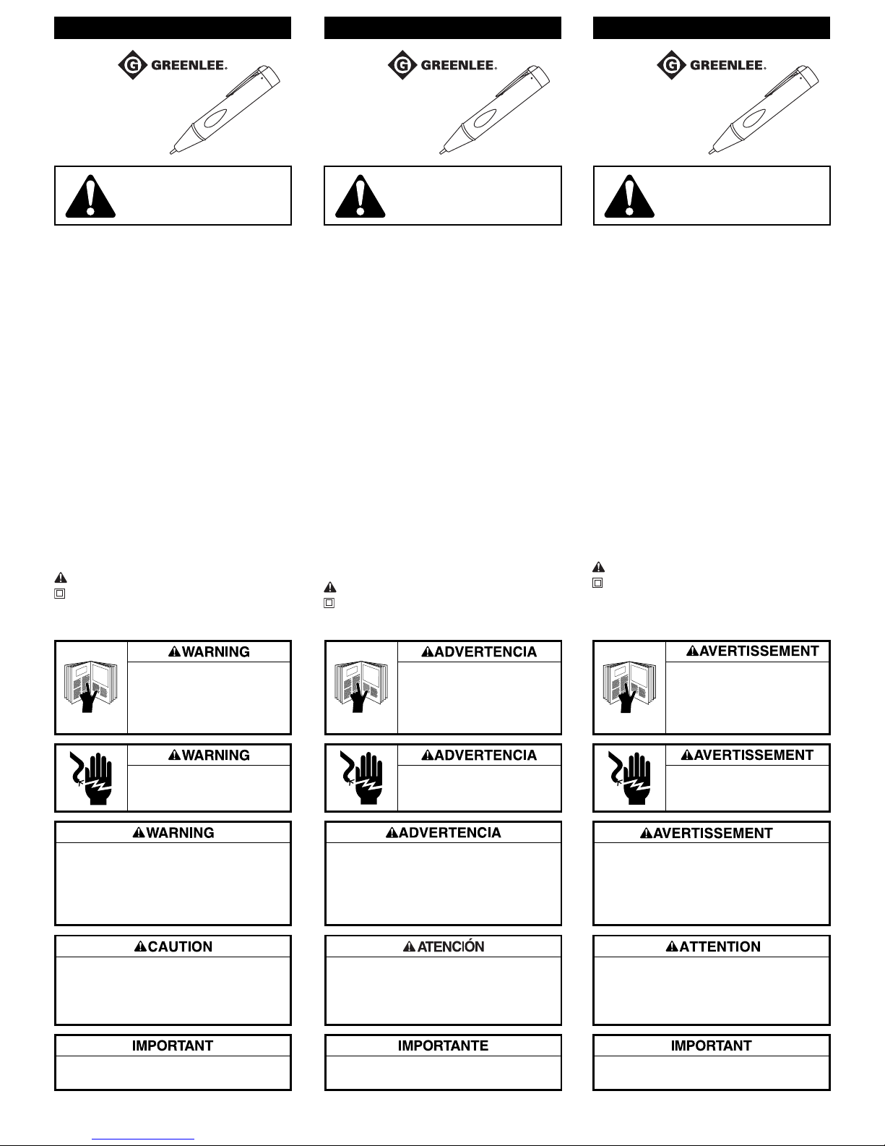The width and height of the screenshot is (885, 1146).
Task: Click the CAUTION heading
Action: point(173,946)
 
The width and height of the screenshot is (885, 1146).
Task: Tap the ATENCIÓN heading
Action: point(444,946)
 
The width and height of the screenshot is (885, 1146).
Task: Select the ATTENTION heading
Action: point(712,946)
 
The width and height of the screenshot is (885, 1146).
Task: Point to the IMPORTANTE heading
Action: point(444,1045)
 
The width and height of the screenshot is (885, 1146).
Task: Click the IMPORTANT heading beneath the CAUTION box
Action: point(173,1045)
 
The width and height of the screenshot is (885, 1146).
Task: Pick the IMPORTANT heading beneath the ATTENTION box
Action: point(712,1045)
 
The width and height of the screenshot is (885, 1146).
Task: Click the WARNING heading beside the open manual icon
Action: point(210,651)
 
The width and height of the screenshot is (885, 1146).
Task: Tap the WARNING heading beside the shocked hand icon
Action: point(210,755)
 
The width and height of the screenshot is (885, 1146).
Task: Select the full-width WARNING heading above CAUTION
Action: point(173,833)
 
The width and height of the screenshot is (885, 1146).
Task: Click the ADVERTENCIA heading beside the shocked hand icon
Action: point(480,755)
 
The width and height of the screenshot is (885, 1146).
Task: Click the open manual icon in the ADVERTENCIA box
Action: point(361,687)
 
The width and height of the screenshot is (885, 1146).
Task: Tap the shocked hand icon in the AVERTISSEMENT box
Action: point(629,777)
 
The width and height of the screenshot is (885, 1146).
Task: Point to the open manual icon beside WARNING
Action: point(92,687)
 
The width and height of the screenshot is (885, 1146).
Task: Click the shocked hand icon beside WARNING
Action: point(91,777)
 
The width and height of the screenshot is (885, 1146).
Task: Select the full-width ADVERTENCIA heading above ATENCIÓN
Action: point(444,833)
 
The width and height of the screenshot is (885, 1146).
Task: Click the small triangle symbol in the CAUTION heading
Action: point(140,947)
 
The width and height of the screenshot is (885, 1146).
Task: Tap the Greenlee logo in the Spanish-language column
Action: point(442,64)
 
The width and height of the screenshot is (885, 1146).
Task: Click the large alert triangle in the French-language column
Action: point(629,196)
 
